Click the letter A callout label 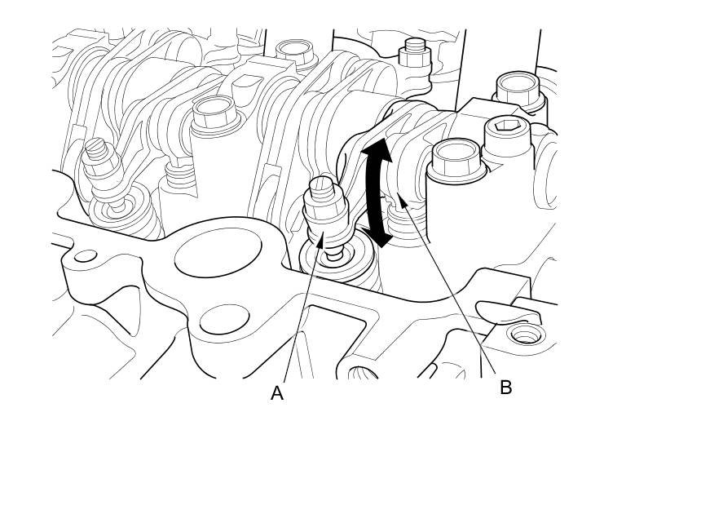(277, 393)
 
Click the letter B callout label (505, 388)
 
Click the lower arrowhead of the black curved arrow (380, 240)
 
